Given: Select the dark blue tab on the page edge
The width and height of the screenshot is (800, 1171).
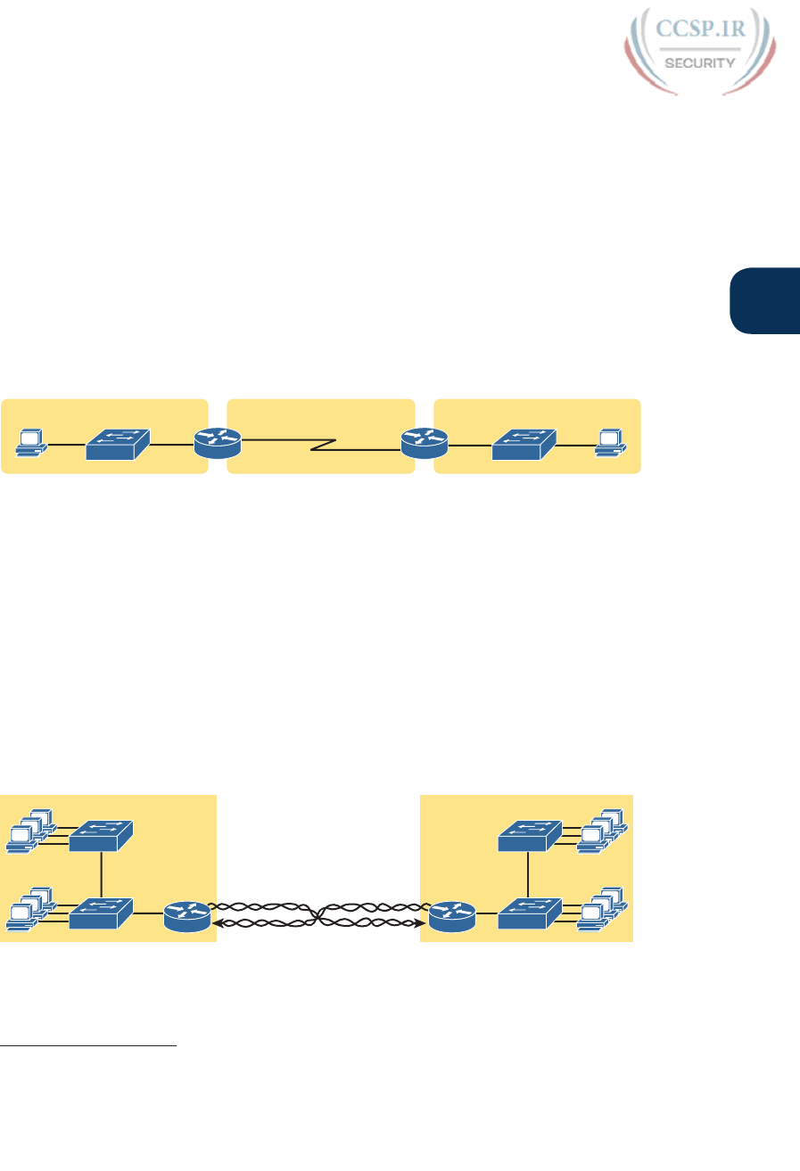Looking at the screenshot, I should click(x=764, y=301).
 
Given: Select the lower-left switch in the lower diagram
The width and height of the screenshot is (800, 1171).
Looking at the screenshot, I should click(x=101, y=912).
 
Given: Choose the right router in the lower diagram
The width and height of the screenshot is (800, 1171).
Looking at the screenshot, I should click(x=450, y=916).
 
